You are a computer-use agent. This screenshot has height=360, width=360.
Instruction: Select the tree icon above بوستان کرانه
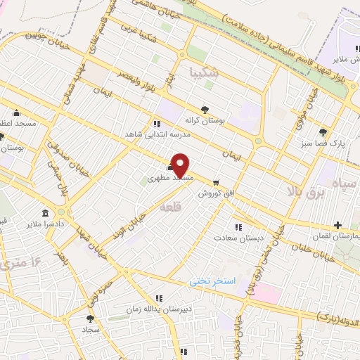(205, 109)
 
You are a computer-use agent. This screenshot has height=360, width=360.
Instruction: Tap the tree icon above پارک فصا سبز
(323, 131)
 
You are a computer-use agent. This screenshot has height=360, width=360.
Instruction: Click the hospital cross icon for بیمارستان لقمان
(338, 225)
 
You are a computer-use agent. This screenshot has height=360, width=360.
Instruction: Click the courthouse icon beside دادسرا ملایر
(46, 213)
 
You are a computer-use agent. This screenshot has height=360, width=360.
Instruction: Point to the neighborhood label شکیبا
(205, 72)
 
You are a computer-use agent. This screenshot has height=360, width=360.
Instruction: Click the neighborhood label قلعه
(169, 208)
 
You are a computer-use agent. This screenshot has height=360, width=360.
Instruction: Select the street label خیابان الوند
(131, 216)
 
